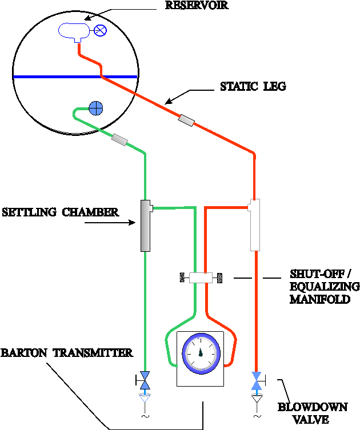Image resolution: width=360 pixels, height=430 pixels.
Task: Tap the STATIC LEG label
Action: (x=253, y=87)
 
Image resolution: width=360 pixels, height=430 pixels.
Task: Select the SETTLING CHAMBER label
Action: (x=60, y=212)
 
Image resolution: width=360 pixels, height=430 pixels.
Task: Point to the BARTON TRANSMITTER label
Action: (x=67, y=353)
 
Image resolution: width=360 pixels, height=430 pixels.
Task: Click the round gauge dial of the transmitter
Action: (x=201, y=353)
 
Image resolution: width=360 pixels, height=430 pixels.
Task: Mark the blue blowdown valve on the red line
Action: (x=257, y=380)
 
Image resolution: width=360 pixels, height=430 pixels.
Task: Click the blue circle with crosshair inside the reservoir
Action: (x=96, y=107)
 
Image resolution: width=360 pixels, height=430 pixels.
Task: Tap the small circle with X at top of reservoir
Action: (x=100, y=31)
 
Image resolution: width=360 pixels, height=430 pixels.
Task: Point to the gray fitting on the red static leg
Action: (x=186, y=120)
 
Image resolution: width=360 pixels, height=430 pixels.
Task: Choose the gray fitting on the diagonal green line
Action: (x=120, y=139)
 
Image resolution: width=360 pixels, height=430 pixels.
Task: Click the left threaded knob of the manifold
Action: (x=183, y=278)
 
